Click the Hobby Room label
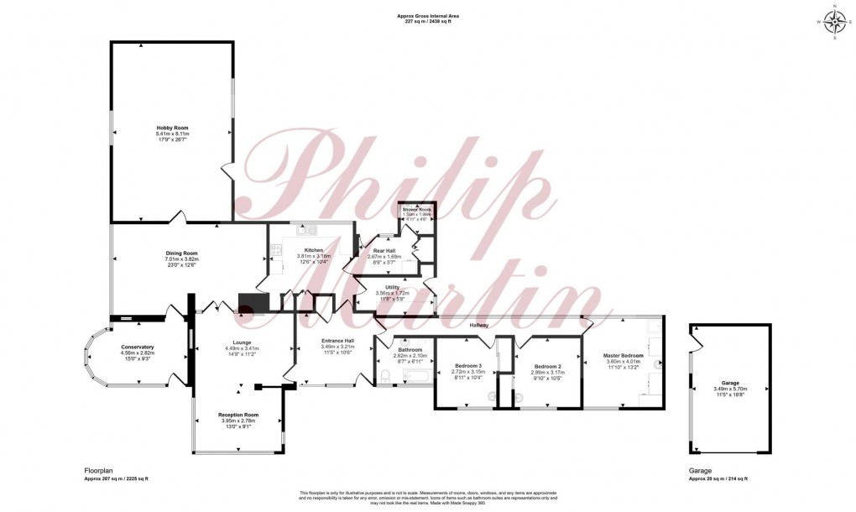click(172, 128)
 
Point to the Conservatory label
click(138, 347)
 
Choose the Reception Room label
click(238, 415)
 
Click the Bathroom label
click(410, 349)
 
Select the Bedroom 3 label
click(468, 365)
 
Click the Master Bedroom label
click(623, 356)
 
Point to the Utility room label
click(393, 287)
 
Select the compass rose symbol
click(835, 22)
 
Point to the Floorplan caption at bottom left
click(98, 471)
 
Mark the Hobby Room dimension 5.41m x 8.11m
click(172, 134)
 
